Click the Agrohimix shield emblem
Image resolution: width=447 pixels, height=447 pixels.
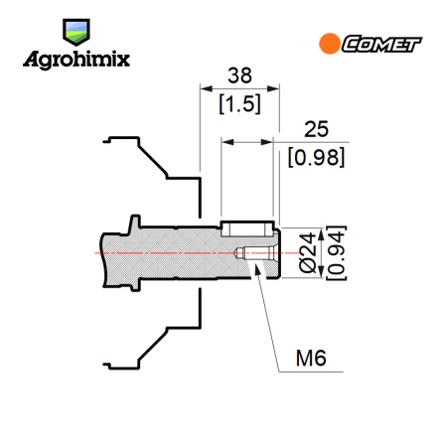(76, 32)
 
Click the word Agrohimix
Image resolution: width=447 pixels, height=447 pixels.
(76, 60)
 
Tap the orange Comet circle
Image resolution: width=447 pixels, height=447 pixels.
(330, 44)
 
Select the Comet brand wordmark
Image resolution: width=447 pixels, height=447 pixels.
(381, 44)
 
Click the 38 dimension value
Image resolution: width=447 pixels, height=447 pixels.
(239, 75)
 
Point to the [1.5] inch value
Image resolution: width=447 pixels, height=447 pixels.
(239, 103)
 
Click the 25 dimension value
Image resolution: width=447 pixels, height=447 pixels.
(316, 129)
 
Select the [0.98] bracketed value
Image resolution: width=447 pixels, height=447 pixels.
(316, 157)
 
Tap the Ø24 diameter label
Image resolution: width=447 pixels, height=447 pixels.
(308, 253)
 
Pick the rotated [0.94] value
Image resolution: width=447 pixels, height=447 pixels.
(336, 253)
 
